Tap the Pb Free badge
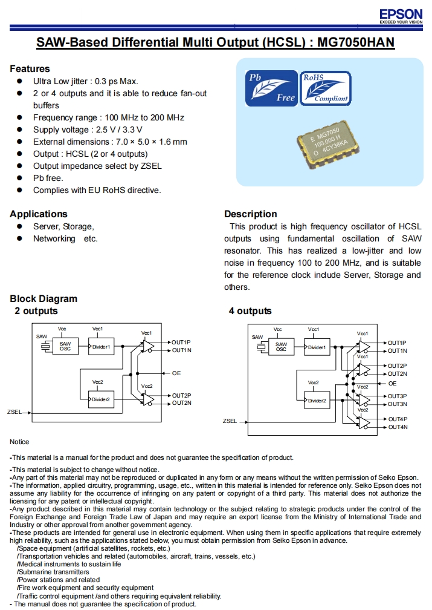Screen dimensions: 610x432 coord(271,88)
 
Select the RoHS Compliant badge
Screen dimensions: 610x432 coord(326,88)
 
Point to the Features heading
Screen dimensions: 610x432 coord(30,69)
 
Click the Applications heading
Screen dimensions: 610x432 coord(39,214)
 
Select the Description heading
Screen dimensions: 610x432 coord(250,214)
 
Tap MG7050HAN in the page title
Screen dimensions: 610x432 coord(356,43)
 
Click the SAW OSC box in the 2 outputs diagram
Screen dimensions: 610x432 coord(65,347)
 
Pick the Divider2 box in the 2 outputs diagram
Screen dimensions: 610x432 coord(100,399)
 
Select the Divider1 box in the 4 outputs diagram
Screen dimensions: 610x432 coord(317,347)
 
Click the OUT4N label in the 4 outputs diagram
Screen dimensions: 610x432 coord(398,427)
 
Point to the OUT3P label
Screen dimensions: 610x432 coord(398,396)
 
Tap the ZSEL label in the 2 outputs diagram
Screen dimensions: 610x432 coord(14,412)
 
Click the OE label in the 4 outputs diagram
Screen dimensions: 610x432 coord(392,383)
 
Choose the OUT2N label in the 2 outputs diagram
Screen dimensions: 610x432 coord(181,403)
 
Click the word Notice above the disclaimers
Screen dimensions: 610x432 coord(19,442)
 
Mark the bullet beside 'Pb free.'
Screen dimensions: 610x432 coord(19,178)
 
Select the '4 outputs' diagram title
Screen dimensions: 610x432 coord(250,311)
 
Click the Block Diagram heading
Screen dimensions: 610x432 coord(44,299)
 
